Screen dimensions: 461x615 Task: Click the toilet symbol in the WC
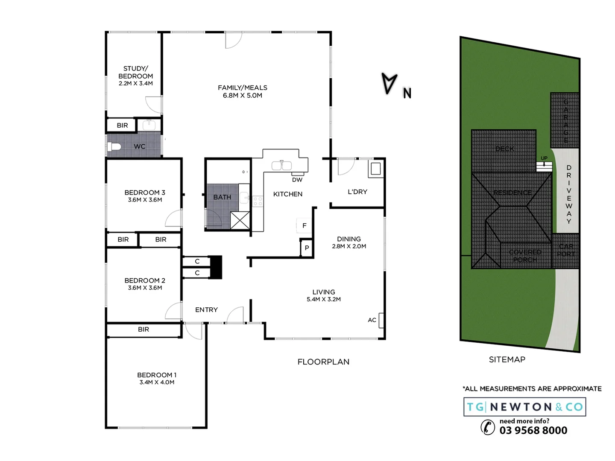114,147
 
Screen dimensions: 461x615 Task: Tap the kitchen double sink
282,165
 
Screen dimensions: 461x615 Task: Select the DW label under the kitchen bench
297,180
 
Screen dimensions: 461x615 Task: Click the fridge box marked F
304,225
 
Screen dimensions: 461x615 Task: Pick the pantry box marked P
307,248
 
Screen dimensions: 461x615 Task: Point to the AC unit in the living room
381,320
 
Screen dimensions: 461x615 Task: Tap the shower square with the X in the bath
240,220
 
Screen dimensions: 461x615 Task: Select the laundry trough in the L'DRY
375,169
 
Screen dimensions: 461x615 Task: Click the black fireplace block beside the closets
216,267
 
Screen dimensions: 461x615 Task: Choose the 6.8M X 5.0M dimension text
242,96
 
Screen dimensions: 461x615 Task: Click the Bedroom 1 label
156,375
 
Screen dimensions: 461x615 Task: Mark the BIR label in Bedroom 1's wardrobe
143,330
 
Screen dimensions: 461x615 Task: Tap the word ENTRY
206,310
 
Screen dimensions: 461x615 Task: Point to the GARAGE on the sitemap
565,121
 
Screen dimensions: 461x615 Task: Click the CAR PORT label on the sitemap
566,250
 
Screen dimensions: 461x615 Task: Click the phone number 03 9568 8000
533,430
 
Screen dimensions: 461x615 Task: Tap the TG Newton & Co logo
524,407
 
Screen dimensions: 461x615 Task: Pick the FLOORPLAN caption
323,362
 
